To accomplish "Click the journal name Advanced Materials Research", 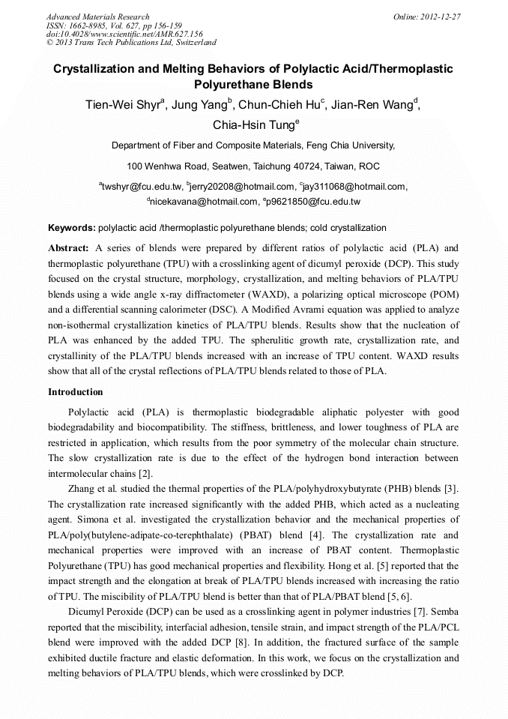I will (97, 16).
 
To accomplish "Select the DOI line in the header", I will (124, 34).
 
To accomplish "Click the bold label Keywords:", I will (72, 228).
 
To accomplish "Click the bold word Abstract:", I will (68, 247).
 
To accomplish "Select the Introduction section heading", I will (76, 392).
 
